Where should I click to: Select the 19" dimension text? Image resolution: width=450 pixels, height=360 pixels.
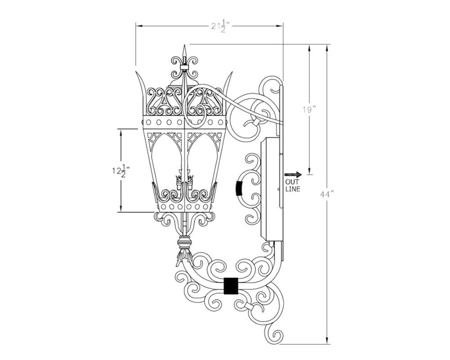pyautogui.click(x=309, y=110)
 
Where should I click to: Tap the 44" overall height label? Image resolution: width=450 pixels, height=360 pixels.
pyautogui.click(x=327, y=194)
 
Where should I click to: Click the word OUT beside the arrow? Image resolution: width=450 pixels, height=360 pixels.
pyautogui.click(x=292, y=182)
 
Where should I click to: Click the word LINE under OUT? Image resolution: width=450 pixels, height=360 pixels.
pyautogui.click(x=292, y=189)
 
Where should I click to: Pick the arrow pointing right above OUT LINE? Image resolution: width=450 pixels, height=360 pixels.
pyautogui.click(x=293, y=174)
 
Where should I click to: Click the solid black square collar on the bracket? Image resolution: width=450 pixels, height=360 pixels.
pyautogui.click(x=231, y=286)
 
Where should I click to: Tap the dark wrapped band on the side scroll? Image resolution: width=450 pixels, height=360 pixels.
pyautogui.click(x=239, y=188)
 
